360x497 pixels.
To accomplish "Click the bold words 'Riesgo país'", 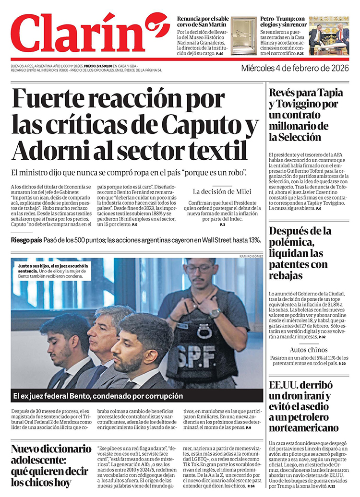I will point(26,240).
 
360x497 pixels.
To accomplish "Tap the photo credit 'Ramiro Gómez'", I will point(251,256).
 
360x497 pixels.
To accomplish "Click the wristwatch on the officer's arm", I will point(216,313).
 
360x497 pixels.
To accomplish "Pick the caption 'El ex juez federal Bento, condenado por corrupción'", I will point(98,396).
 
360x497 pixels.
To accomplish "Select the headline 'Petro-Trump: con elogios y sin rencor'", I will point(282,22).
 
